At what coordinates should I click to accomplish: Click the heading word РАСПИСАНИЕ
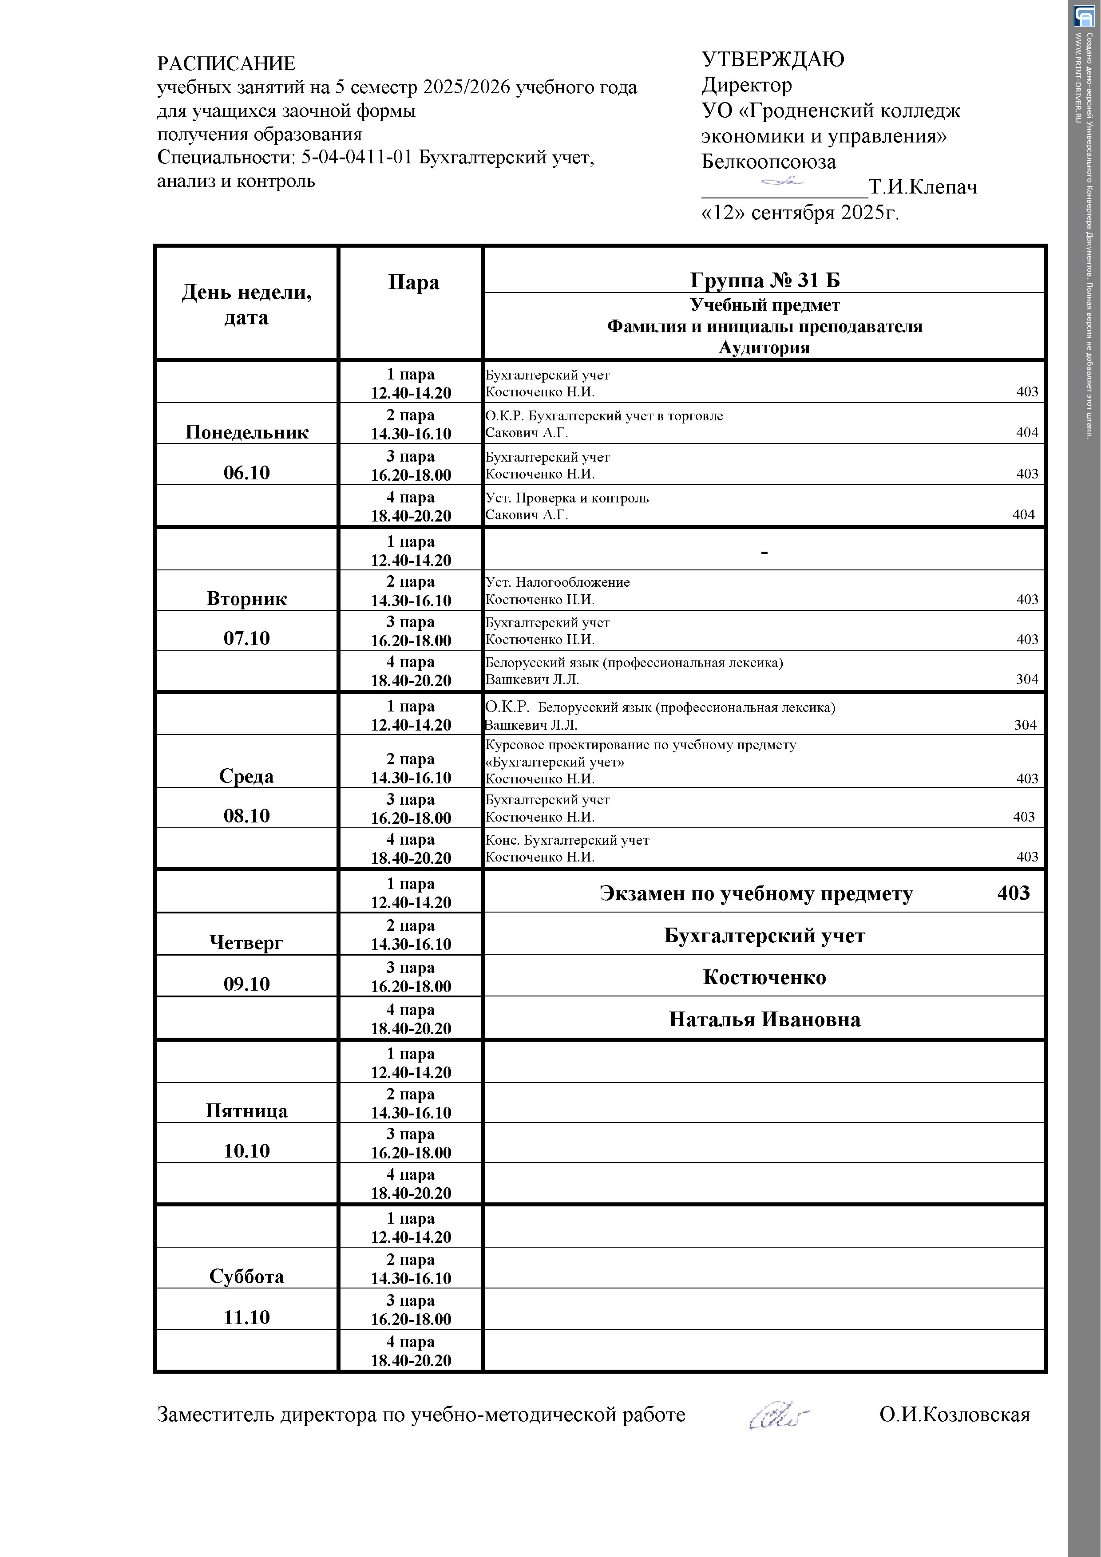click(226, 64)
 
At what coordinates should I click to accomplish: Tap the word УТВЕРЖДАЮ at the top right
click(772, 59)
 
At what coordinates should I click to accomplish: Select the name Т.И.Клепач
click(923, 187)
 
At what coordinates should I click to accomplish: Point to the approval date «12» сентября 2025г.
click(800, 213)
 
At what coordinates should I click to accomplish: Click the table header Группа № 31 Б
click(764, 280)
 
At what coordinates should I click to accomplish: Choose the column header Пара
click(413, 282)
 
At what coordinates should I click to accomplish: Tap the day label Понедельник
click(246, 433)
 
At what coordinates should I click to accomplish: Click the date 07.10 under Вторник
click(246, 639)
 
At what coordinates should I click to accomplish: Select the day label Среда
click(246, 776)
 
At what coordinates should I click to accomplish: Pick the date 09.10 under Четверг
click(246, 984)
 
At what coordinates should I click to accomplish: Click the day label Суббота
click(246, 1277)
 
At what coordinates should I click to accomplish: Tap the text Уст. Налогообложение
click(557, 582)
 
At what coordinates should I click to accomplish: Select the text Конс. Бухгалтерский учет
click(566, 840)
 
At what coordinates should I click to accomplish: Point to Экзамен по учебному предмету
click(756, 894)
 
